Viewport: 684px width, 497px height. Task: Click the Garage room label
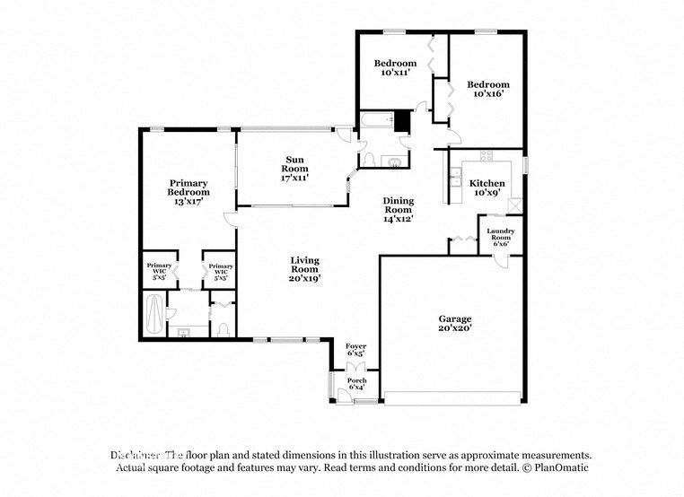(x=454, y=324)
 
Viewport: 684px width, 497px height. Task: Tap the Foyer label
(x=356, y=350)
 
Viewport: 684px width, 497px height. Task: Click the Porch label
(x=356, y=384)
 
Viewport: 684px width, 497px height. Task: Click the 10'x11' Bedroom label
(x=395, y=67)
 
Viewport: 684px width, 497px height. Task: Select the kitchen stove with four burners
(x=487, y=156)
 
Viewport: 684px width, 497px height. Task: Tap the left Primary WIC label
(x=159, y=271)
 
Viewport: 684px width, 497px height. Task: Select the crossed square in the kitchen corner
(x=514, y=205)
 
